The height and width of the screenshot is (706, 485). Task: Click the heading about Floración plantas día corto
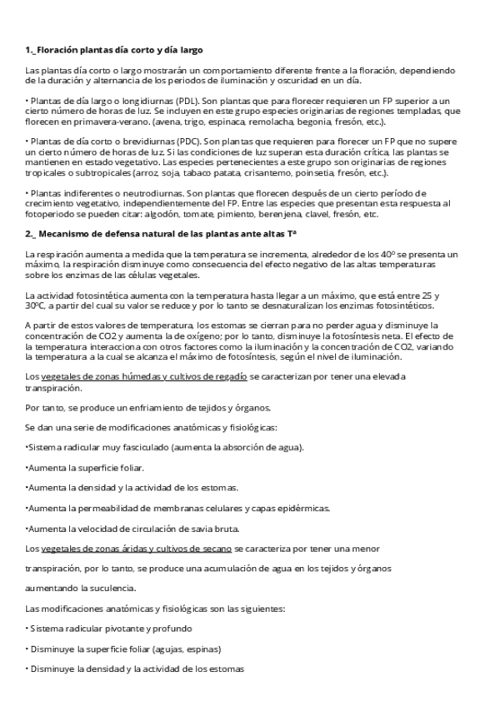pyautogui.click(x=113, y=50)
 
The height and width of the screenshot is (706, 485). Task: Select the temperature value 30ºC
pyautogui.click(x=37, y=305)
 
